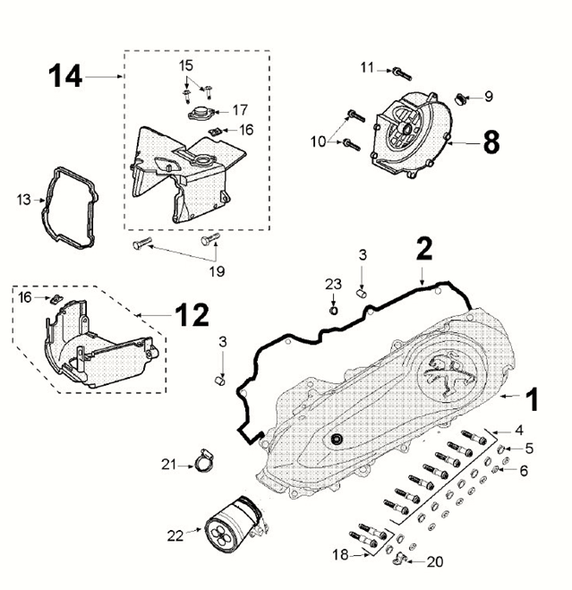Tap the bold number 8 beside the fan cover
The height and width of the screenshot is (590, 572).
click(491, 142)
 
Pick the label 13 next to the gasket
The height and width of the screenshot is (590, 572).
click(23, 201)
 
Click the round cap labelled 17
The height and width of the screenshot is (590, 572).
click(199, 113)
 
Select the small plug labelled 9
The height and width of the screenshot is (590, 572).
click(462, 97)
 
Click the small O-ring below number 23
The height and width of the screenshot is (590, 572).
click(333, 311)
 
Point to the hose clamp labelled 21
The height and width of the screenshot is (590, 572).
click(203, 462)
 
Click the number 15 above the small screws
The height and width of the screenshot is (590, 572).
click(185, 65)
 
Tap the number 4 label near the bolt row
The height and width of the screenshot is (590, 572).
click(518, 432)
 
